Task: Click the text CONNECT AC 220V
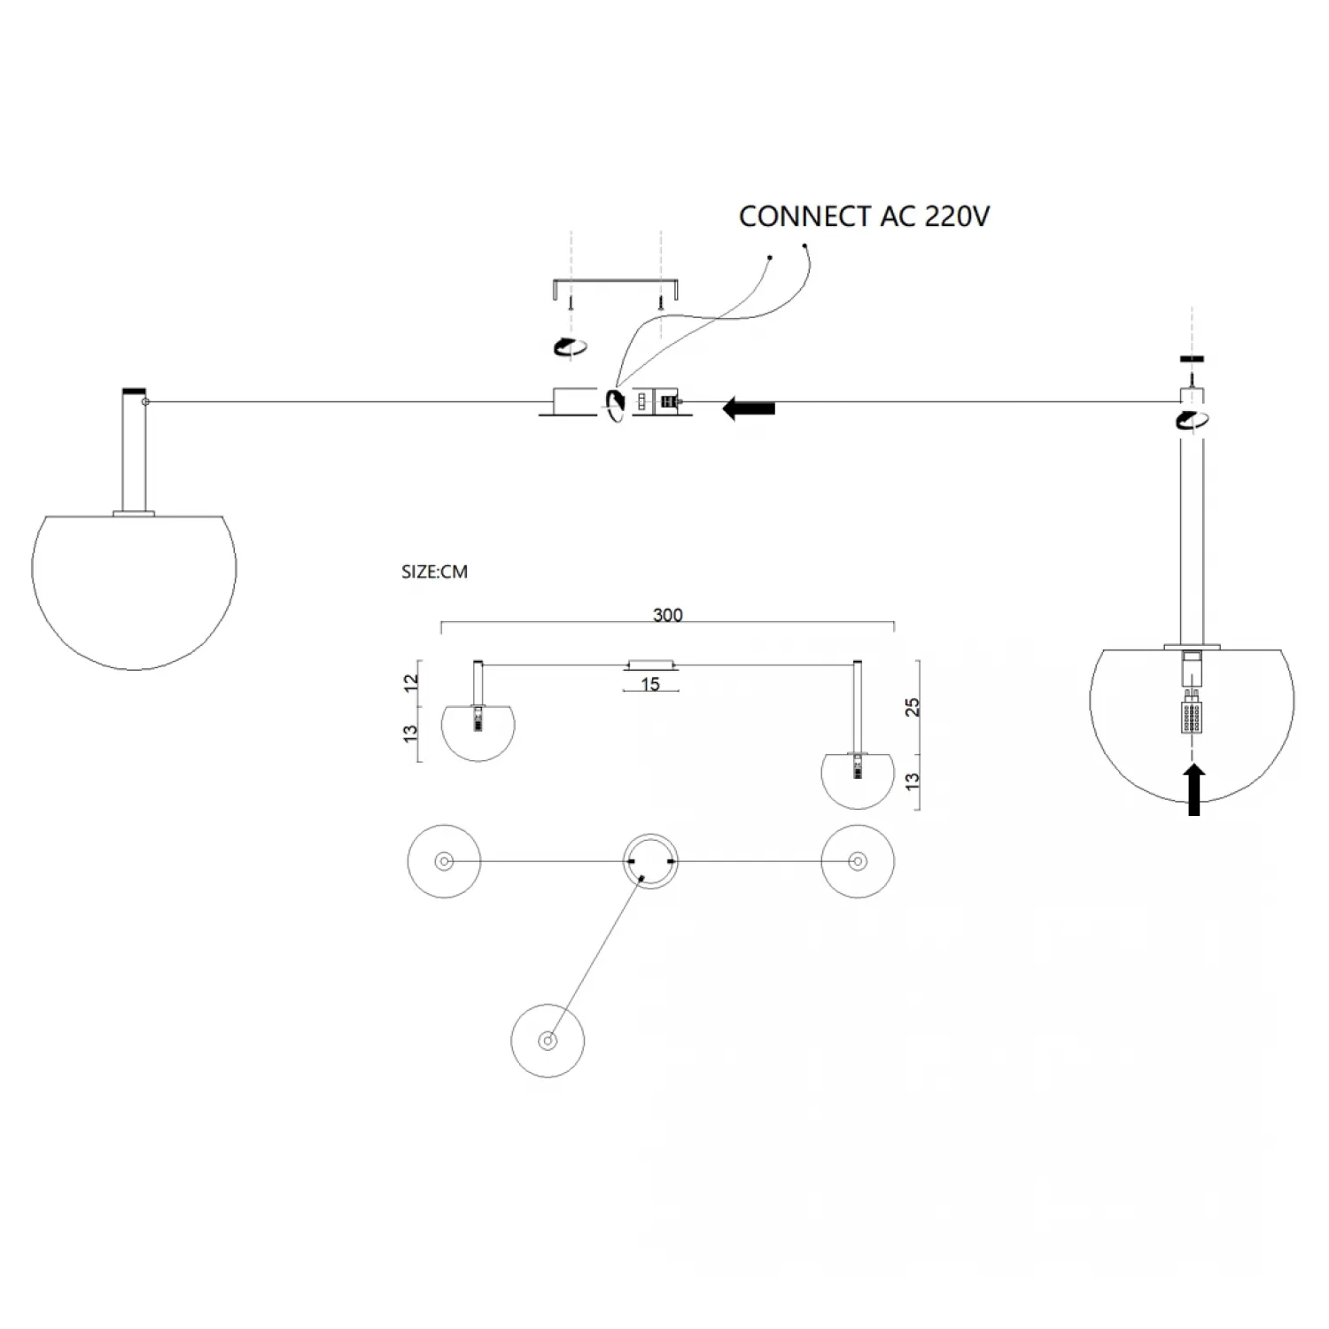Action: [x=864, y=217]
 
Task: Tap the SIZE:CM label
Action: [x=434, y=572]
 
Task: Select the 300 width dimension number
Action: [x=667, y=615]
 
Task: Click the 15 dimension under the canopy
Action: [x=650, y=684]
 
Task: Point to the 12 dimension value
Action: [x=411, y=683]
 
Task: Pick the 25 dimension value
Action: [x=913, y=706]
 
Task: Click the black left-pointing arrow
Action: [x=749, y=408]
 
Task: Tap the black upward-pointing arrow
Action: [x=1193, y=789]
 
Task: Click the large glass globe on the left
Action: [x=135, y=589]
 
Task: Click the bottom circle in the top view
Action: [x=548, y=1041]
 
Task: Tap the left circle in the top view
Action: [x=444, y=861]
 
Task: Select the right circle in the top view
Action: [x=857, y=861]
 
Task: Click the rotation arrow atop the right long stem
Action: [x=1193, y=420]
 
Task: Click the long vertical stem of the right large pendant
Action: [x=1193, y=540]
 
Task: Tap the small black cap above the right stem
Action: [x=1193, y=360]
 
